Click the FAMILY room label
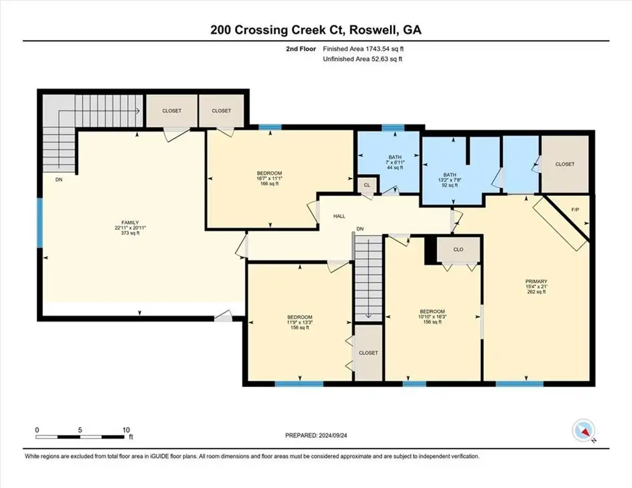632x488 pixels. pyautogui.click(x=130, y=222)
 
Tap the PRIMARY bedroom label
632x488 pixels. pyautogui.click(x=536, y=281)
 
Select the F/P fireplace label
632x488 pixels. pyautogui.click(x=575, y=210)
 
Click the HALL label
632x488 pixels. pyautogui.click(x=339, y=216)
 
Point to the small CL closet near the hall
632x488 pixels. pyautogui.click(x=366, y=185)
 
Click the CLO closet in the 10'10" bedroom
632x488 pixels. pyautogui.click(x=459, y=250)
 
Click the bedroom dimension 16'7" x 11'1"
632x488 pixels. pyautogui.click(x=270, y=179)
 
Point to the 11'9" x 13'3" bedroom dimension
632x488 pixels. pyautogui.click(x=299, y=322)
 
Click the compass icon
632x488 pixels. pyautogui.click(x=584, y=431)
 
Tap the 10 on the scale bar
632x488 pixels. pyautogui.click(x=126, y=430)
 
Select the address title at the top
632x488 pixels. pyautogui.click(x=316, y=30)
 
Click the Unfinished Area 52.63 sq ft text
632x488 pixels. pyautogui.click(x=363, y=59)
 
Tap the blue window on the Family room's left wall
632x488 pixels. pyautogui.click(x=39, y=222)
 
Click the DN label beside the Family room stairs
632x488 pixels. pyautogui.click(x=59, y=180)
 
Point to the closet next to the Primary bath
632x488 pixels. pyautogui.click(x=565, y=164)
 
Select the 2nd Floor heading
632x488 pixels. pyautogui.click(x=301, y=49)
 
